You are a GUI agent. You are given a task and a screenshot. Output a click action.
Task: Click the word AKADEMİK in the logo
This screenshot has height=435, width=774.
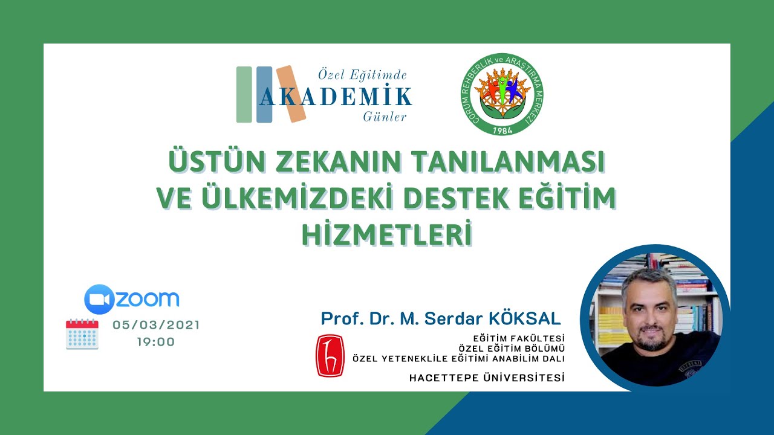point(336,97)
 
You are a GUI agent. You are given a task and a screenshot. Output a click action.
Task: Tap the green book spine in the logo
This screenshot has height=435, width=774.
point(244,95)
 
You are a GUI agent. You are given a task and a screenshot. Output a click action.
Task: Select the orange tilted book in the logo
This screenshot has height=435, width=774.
point(291,94)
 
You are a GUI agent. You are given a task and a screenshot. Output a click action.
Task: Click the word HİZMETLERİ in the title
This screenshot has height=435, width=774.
point(386,236)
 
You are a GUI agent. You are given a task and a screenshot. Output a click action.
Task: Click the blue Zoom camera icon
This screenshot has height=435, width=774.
point(99,299)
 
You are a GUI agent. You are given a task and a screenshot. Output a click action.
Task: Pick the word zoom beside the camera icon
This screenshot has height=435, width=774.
point(147,299)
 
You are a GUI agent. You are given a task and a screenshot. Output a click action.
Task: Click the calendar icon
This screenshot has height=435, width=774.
point(82,334)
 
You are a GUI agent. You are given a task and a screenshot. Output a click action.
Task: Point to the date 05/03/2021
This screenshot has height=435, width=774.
point(156,325)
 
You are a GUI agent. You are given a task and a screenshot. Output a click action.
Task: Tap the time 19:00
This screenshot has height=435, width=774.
point(156,342)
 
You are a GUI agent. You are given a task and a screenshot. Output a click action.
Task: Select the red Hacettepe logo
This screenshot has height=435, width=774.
point(330,356)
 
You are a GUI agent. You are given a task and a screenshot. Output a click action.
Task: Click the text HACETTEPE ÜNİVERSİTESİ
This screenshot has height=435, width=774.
point(487,378)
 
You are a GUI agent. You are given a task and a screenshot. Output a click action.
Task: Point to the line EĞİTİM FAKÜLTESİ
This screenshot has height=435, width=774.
point(519,338)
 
